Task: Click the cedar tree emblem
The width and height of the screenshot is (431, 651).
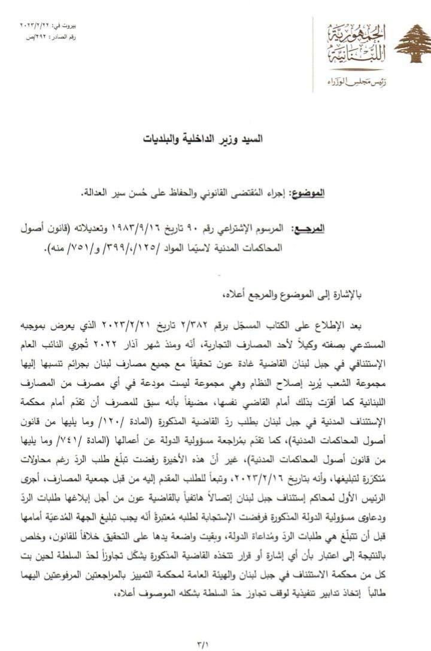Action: (x=409, y=43)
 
